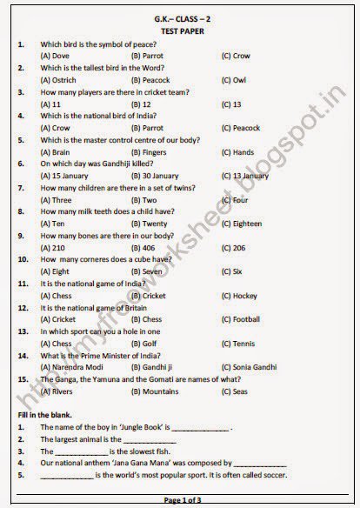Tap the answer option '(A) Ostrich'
[59, 79]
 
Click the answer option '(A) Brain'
[56, 151]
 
